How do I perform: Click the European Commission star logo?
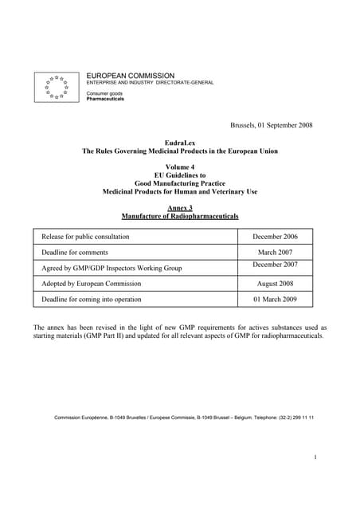click(57, 86)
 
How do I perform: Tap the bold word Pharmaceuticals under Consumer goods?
click(105, 99)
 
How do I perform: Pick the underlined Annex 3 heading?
click(179, 208)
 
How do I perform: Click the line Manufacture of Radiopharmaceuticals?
click(179, 216)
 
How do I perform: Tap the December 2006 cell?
click(275, 237)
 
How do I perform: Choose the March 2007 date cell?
click(275, 252)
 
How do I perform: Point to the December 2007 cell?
click(275, 264)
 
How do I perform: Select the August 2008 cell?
click(275, 284)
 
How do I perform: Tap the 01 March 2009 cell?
click(275, 300)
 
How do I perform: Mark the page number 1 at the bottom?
click(315, 457)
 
